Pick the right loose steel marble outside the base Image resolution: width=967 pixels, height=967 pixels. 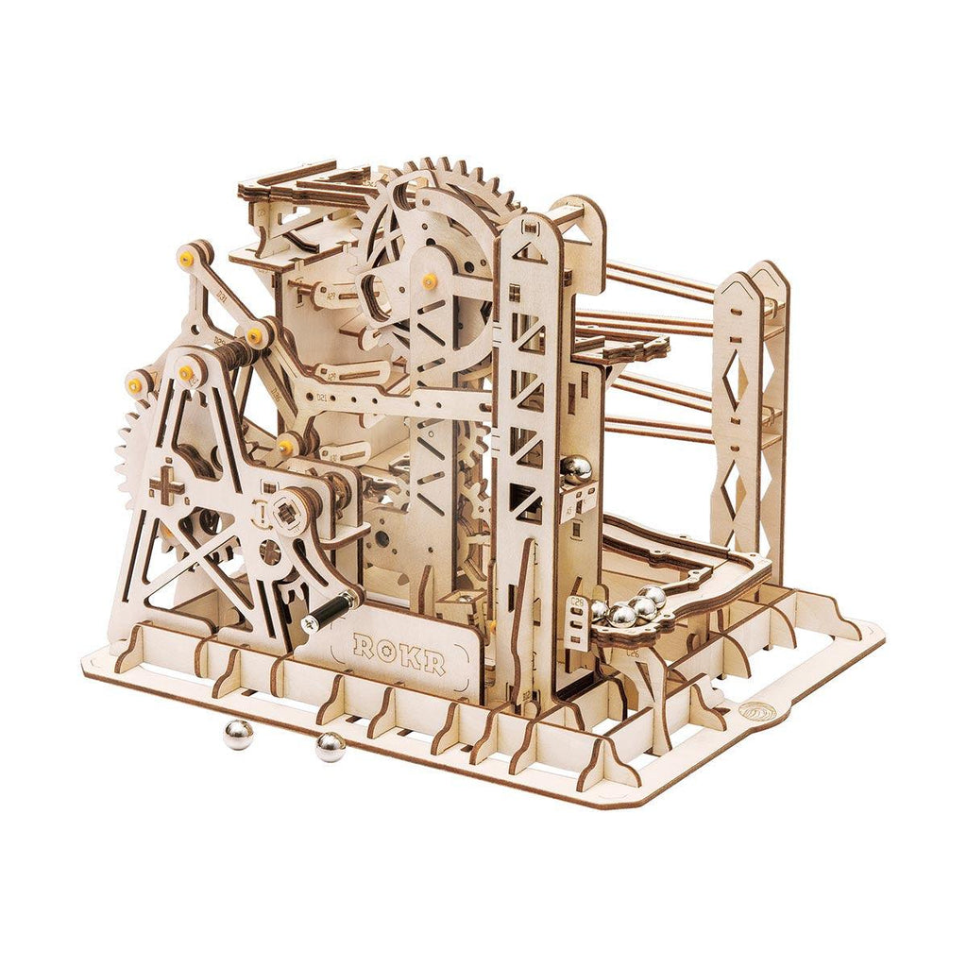click(330, 746)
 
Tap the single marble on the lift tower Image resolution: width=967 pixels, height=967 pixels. click(575, 469)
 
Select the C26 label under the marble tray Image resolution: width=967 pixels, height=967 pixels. click(631, 652)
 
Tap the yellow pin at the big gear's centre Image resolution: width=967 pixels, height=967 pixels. click(430, 280)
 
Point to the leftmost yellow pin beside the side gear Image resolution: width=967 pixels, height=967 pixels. click(137, 382)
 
